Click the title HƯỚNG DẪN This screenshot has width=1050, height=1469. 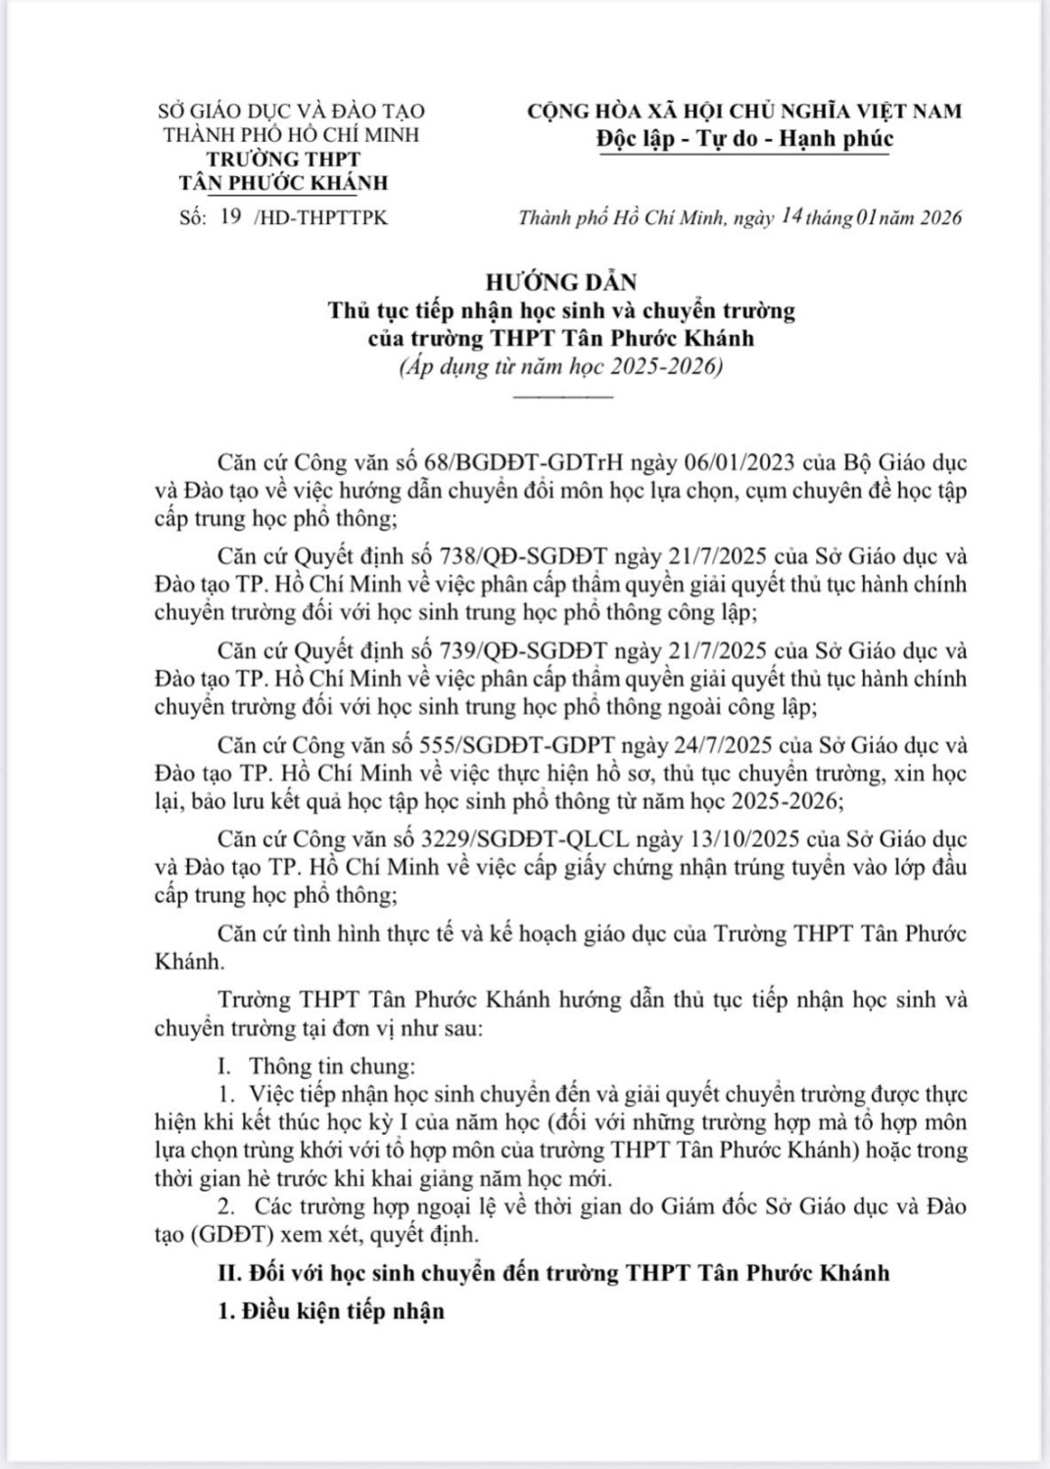pyautogui.click(x=561, y=282)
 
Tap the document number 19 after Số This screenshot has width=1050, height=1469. pyautogui.click(x=231, y=216)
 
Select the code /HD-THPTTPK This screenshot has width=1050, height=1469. pyautogui.click(x=320, y=217)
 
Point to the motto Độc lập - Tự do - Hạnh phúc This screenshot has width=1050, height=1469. pyautogui.click(x=744, y=139)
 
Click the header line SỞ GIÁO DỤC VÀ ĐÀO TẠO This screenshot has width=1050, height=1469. pyautogui.click(x=291, y=112)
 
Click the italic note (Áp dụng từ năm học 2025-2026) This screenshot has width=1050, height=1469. pyautogui.click(x=560, y=368)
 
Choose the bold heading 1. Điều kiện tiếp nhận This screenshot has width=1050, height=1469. pyautogui.click(x=330, y=1311)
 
